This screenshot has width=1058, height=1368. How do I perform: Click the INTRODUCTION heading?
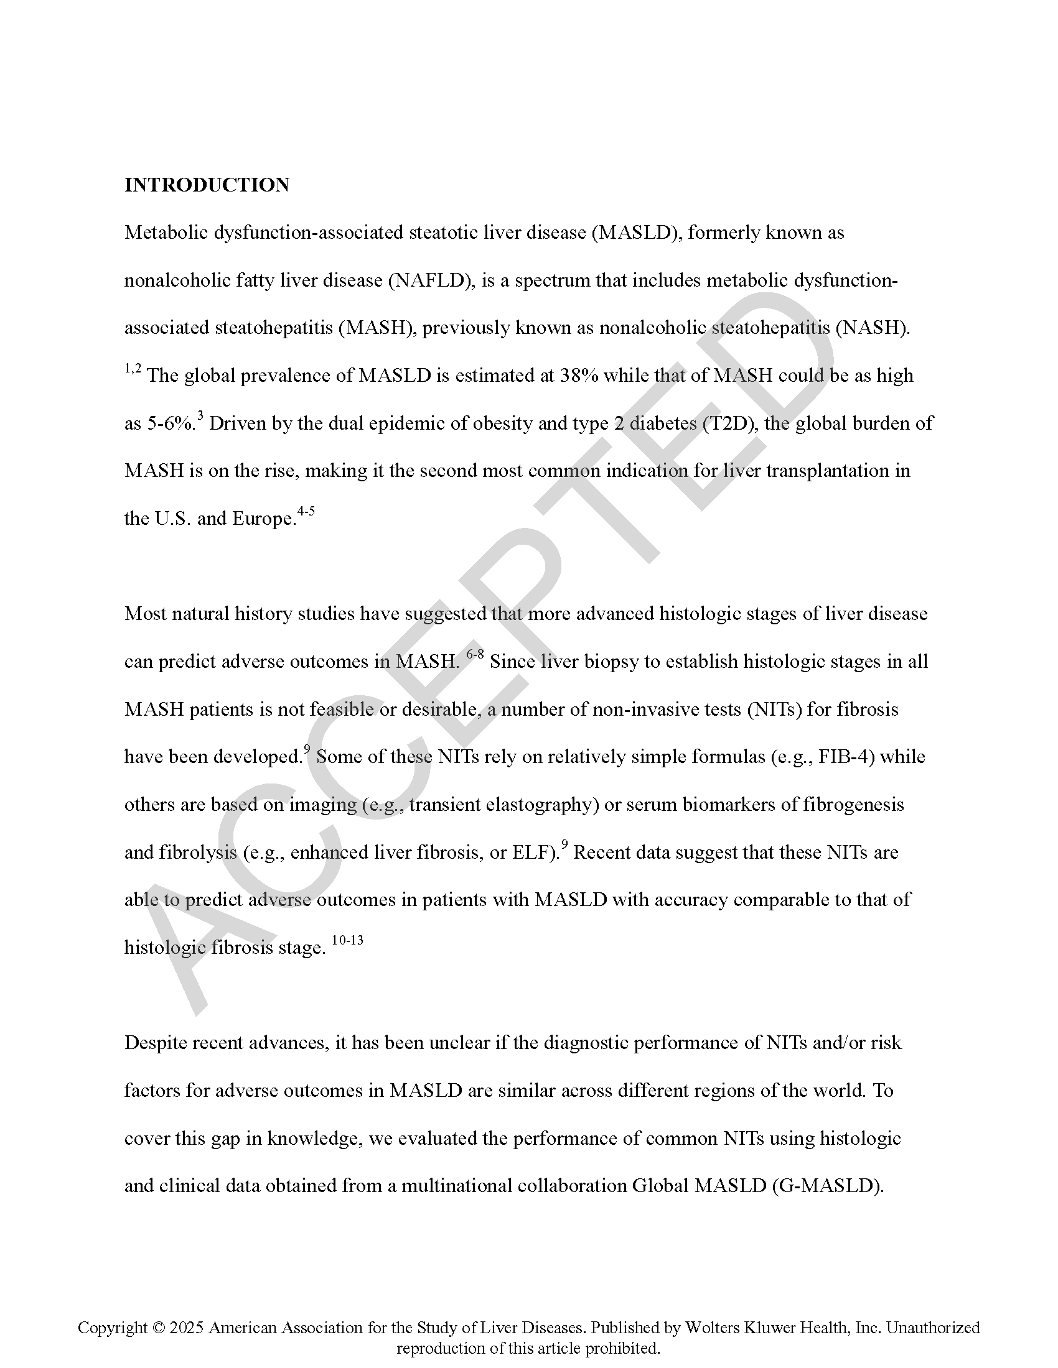(x=206, y=185)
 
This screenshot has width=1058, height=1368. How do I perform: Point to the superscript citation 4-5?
(x=306, y=512)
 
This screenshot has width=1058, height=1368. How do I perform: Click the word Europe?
(x=263, y=519)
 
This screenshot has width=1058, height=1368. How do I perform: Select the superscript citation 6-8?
(x=475, y=655)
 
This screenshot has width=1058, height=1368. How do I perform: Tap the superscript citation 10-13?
(x=347, y=940)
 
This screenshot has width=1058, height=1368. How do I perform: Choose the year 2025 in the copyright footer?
(x=186, y=1327)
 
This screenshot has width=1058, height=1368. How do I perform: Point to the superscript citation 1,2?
(x=133, y=369)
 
